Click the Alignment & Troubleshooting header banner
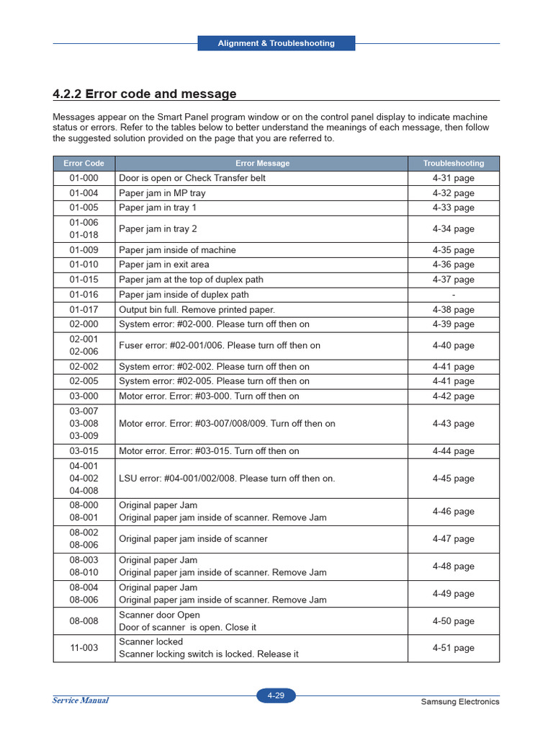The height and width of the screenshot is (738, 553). click(x=276, y=43)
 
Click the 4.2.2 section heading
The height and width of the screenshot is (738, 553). click(x=145, y=94)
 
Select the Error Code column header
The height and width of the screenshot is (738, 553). click(x=84, y=164)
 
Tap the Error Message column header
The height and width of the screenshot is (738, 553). click(x=262, y=164)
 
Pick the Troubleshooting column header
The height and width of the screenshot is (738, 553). click(x=454, y=164)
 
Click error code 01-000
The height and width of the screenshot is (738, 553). click(x=84, y=178)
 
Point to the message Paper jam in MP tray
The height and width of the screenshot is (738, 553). click(x=162, y=193)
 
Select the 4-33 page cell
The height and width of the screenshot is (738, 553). click(x=454, y=208)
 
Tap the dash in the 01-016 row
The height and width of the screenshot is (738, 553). click(x=454, y=295)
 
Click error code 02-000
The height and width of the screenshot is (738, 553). click(x=84, y=324)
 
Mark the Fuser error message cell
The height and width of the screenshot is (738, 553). click(x=220, y=345)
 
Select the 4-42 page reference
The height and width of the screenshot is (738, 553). click(x=454, y=396)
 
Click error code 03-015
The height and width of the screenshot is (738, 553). click(x=84, y=451)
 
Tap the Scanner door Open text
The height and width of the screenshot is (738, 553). click(x=159, y=615)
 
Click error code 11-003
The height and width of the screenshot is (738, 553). click(x=84, y=648)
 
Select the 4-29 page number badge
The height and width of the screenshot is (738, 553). click(x=276, y=695)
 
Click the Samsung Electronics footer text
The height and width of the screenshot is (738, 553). click(x=459, y=702)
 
